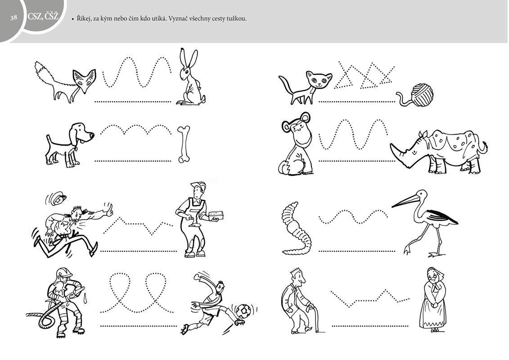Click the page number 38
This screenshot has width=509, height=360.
(x=14, y=18)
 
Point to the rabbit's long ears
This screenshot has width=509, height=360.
(x=189, y=59)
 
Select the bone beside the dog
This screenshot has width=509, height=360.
(x=184, y=144)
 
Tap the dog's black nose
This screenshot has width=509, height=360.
(x=91, y=135)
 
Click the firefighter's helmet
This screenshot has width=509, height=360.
(x=64, y=273)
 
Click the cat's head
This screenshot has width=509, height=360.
(x=319, y=80)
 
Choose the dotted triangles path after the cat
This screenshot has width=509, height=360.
(x=364, y=75)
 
